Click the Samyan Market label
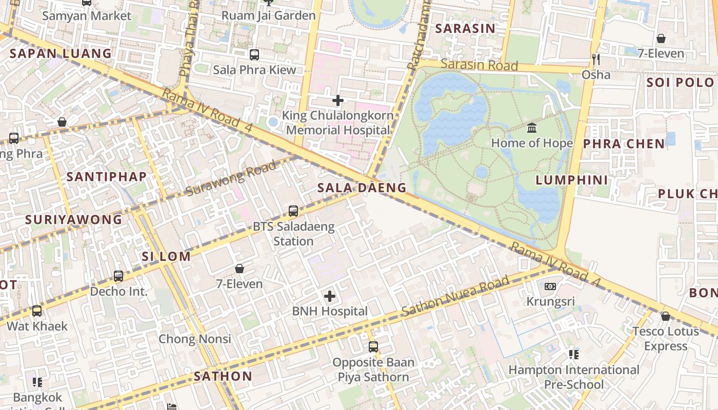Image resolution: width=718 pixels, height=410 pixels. pos(86,15)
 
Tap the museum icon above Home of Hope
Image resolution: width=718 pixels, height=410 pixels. pos(532,128)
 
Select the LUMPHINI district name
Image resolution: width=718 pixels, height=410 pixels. pos(572,180)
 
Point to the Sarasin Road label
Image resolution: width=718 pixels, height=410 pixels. pos(479,65)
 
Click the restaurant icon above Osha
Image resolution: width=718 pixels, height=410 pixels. pos(596,59)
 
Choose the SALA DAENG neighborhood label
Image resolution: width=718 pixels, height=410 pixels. pos(362,188)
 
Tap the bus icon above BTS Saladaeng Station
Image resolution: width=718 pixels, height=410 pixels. pos(293,211)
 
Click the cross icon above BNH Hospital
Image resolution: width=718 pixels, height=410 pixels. pos(330,296)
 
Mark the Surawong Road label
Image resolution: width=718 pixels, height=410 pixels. pos(231,178)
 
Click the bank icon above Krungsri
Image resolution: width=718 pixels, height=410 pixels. pos(550,286)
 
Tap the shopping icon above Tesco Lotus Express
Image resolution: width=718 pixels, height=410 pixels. pos(666,316)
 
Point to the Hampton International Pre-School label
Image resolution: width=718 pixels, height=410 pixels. pos(573,377)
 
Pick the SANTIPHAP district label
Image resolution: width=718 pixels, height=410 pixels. pos(107,177)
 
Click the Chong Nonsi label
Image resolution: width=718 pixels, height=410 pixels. pos(195,339)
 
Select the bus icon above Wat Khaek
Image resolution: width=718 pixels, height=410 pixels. pos(37,311)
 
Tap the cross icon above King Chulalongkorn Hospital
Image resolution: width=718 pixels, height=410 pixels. pos(338,100)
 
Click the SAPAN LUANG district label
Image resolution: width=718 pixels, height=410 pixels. pos(61,53)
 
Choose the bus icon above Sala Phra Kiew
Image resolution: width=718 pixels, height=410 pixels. pos(254,54)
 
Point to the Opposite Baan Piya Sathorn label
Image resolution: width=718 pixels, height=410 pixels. pos(373,370)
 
